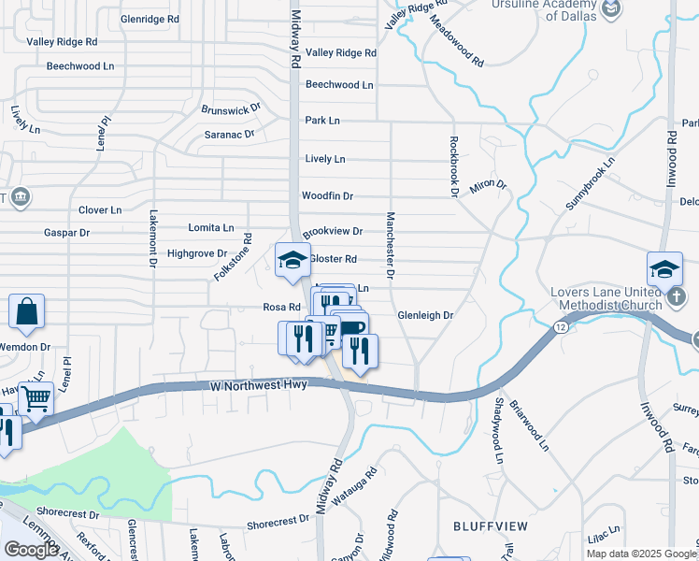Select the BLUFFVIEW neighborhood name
tap(484, 526)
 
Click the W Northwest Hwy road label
tap(258, 385)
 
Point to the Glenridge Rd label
tap(150, 19)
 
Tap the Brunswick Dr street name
tap(231, 110)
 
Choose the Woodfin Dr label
tap(327, 196)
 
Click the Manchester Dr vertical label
tap(391, 245)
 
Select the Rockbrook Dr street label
tap(454, 167)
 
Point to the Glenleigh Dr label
tap(425, 316)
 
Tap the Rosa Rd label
tap(280, 307)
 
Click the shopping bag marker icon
tap(26, 312)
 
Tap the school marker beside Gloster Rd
tap(292, 260)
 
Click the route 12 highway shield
tap(560, 326)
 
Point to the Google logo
tap(31, 550)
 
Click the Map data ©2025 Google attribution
tap(642, 554)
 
